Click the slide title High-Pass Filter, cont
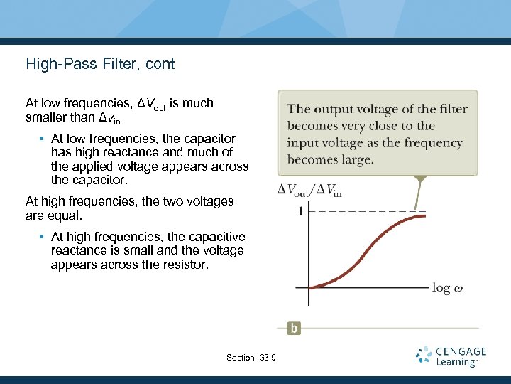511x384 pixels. tap(100, 64)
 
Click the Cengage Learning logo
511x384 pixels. tap(451, 356)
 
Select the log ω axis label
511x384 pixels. tap(447, 288)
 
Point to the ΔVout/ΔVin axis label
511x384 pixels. tap(309, 189)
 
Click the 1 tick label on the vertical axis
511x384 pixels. tap(301, 211)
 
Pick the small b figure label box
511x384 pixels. tap(294, 328)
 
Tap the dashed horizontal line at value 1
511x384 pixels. tap(362, 210)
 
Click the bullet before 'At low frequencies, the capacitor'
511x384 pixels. tap(43, 139)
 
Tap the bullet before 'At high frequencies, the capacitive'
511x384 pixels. tap(43, 237)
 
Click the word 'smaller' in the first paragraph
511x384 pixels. tap(47, 117)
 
